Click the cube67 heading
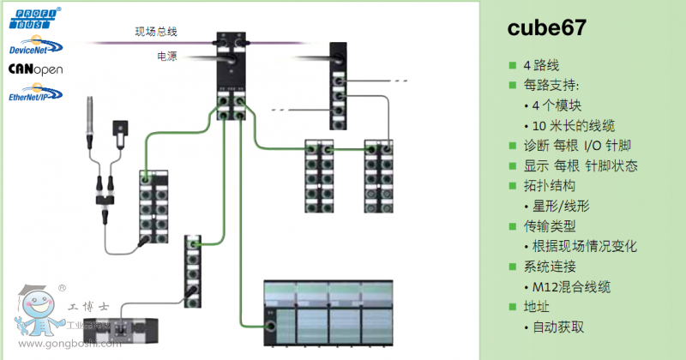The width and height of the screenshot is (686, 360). point(548,27)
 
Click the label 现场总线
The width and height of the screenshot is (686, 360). point(156,33)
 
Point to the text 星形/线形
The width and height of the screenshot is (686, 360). point(562,206)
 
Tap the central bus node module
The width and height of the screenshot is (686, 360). point(232,81)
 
